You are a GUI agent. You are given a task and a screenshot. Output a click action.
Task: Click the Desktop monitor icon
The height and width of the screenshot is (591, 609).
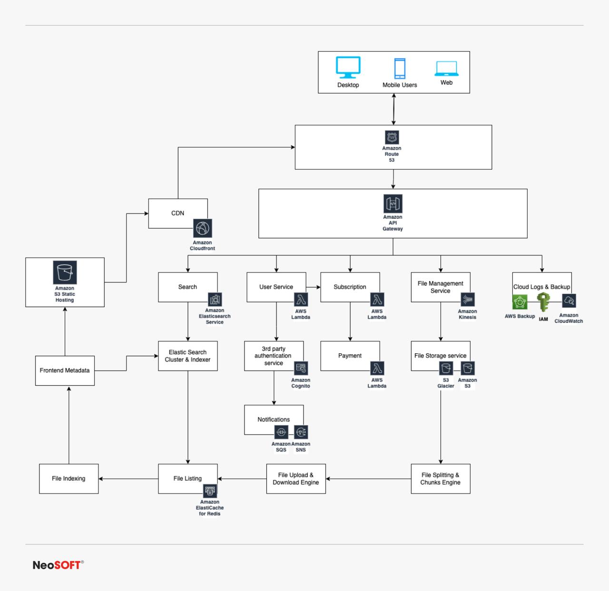[348, 68]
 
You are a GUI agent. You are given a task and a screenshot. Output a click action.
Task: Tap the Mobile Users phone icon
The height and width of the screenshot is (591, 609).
[400, 68]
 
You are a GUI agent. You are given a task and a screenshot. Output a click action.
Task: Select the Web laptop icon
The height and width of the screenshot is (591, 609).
[446, 69]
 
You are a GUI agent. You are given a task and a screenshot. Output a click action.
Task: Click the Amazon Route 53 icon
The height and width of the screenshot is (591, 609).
[392, 137]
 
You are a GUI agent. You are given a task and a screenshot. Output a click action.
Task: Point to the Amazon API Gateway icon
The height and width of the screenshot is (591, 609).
[393, 203]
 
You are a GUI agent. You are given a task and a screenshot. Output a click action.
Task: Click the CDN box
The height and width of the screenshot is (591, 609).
[178, 213]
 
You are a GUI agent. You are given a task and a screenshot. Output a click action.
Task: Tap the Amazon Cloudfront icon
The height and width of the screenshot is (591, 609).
[203, 229]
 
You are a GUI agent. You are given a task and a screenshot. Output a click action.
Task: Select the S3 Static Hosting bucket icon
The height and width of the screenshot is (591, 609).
[65, 272]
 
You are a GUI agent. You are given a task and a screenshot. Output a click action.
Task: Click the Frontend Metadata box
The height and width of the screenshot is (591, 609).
[65, 370]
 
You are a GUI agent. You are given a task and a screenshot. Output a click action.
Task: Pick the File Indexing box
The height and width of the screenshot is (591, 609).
[69, 478]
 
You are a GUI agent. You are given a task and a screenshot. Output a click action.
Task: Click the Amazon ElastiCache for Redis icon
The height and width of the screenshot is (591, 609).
[210, 491]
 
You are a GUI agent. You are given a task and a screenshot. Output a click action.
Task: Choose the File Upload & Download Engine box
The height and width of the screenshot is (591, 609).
[296, 478]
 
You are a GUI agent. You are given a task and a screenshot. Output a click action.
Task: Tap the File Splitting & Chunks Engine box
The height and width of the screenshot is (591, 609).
[441, 478]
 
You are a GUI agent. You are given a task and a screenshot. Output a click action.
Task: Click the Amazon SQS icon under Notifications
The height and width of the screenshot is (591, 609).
[281, 432]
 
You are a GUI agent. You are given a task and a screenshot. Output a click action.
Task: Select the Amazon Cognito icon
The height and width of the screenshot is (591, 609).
[301, 368]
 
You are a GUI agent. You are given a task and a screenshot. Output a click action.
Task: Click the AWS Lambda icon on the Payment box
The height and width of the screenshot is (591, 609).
[377, 368]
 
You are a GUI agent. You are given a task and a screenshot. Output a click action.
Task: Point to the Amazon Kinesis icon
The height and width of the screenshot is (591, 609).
[468, 300]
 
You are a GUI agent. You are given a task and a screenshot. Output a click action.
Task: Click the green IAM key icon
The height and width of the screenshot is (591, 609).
[543, 303]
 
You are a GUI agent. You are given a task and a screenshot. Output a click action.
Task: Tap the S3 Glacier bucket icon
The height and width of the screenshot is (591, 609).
[446, 368]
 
